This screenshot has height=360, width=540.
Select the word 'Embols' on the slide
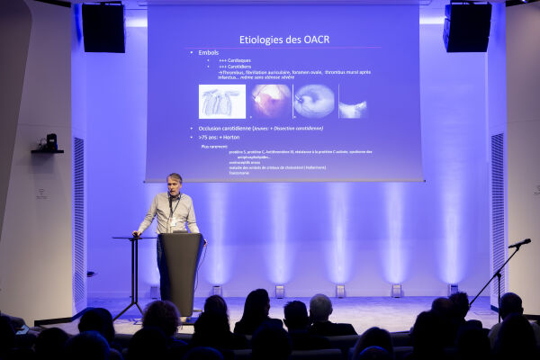point(208,52)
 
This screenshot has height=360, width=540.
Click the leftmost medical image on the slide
point(221,102)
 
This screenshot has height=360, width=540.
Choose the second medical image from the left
point(271,101)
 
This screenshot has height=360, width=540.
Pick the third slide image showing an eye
point(314,101)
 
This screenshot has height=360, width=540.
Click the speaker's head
point(175,183)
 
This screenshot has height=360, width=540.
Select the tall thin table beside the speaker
point(135,270)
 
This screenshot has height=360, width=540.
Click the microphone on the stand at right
point(520,243)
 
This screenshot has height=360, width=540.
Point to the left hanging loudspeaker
point(103,27)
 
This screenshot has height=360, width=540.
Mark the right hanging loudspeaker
point(467,27)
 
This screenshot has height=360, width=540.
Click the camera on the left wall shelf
point(50,141)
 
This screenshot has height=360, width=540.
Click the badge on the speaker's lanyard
point(174,220)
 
